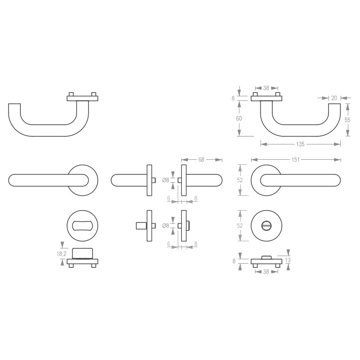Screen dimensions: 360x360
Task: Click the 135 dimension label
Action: point(301,144)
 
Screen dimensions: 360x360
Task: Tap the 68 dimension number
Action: point(201,160)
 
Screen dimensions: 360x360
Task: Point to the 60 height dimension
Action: point(239,118)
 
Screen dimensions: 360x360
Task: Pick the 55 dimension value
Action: point(347,120)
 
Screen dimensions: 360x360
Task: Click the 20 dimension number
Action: point(334,98)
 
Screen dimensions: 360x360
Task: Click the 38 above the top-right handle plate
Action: point(266,89)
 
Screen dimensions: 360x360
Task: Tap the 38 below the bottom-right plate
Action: point(266,272)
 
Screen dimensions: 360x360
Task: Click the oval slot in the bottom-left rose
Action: point(82,225)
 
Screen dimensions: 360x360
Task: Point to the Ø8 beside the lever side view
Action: point(166,180)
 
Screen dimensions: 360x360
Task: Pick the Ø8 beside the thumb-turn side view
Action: point(166,225)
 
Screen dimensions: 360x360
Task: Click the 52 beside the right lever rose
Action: point(240,180)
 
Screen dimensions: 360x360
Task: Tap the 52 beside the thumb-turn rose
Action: point(240,225)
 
